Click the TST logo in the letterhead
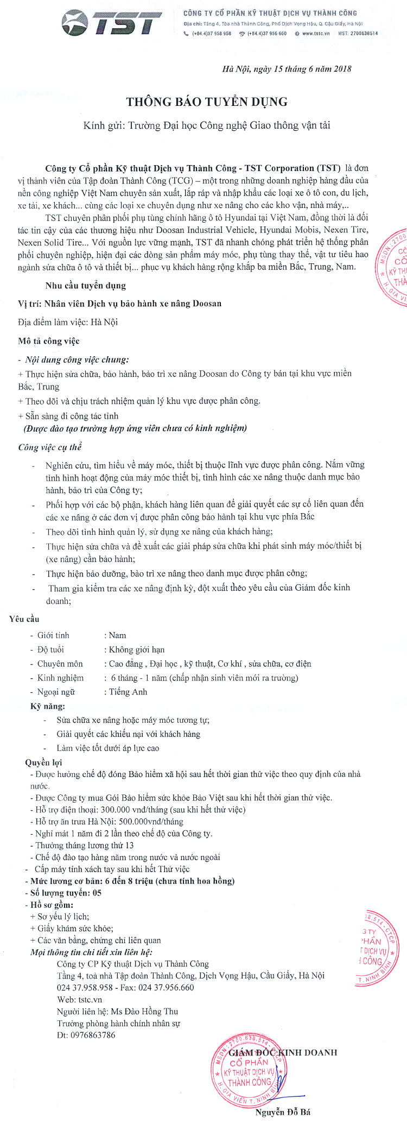(112, 23)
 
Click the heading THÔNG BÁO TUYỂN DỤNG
(207, 102)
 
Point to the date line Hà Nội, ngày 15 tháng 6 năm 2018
(287, 69)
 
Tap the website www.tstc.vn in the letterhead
(316, 34)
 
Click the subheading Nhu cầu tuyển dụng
(86, 285)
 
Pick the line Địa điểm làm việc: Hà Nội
(68, 322)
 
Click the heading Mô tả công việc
(49, 341)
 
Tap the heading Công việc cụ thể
(50, 447)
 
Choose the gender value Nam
(117, 635)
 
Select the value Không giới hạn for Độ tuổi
(137, 649)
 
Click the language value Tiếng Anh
(128, 692)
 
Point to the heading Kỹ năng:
(48, 706)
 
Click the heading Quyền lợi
(43, 762)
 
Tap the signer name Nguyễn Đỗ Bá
(283, 1112)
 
